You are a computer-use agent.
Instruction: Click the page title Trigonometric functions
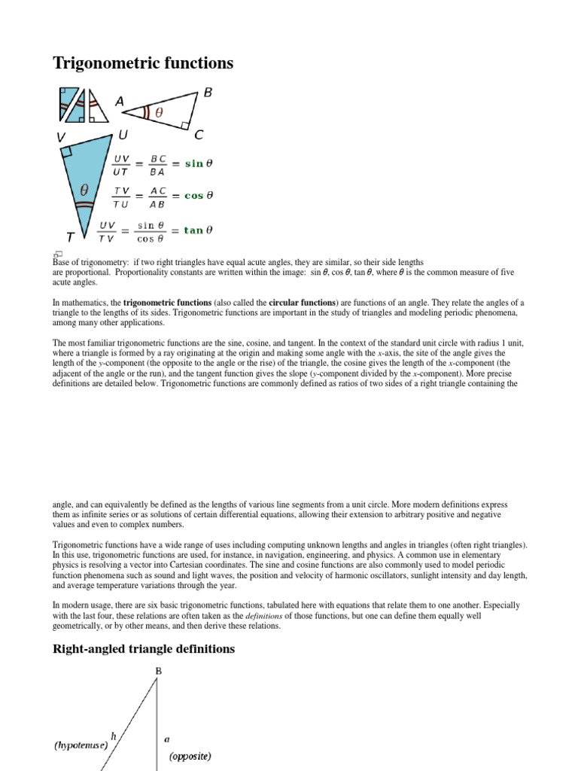coord(143,64)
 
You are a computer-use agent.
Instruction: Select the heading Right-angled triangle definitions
coord(144,648)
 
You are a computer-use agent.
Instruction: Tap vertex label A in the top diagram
coord(119,101)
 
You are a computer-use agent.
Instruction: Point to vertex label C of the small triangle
coord(199,136)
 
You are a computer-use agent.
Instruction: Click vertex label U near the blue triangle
coord(123,136)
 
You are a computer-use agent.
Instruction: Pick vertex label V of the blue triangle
coord(61,137)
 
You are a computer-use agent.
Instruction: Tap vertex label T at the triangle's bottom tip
coord(70,236)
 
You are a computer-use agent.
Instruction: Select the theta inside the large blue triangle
coord(84,190)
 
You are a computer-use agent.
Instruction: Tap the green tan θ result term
coord(198,230)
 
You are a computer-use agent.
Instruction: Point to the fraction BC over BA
coord(158,164)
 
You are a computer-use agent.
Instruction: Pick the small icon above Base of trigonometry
coord(56,253)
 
